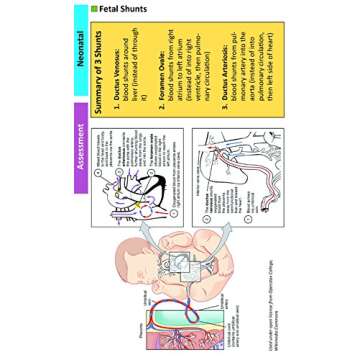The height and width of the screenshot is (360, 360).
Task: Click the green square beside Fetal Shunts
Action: click(95, 9)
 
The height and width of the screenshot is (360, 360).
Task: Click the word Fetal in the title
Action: click(107, 9)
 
